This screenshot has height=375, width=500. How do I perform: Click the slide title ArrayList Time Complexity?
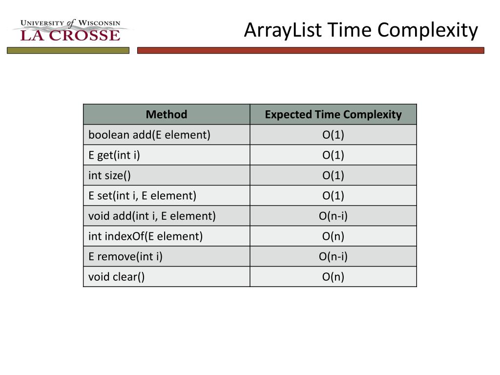click(361, 30)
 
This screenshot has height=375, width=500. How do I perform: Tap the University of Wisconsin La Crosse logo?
click(70, 30)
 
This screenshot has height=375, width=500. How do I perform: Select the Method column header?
click(167, 114)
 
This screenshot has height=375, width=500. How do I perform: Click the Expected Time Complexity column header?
click(333, 114)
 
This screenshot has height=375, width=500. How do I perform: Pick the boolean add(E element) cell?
click(149, 135)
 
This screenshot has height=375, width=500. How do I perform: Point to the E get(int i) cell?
click(114, 155)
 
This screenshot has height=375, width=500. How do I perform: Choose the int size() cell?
click(109, 175)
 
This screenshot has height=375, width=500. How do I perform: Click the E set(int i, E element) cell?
click(142, 196)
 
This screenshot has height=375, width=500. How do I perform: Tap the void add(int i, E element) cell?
click(152, 216)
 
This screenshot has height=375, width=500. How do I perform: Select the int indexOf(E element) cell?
click(146, 236)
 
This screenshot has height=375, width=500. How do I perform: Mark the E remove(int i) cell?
click(125, 257)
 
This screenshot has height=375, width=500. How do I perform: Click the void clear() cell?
click(117, 277)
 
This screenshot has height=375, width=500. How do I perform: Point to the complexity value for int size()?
click(333, 175)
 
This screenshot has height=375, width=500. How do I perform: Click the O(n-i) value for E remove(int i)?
click(333, 257)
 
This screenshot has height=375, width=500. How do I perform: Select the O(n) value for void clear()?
click(333, 277)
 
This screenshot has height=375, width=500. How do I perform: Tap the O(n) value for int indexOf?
click(333, 236)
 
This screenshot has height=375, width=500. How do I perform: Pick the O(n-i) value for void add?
click(333, 216)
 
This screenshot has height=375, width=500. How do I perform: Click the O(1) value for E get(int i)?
click(333, 155)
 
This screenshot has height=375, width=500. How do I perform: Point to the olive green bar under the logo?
click(68, 50)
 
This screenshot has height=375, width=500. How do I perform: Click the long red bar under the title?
click(311, 50)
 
